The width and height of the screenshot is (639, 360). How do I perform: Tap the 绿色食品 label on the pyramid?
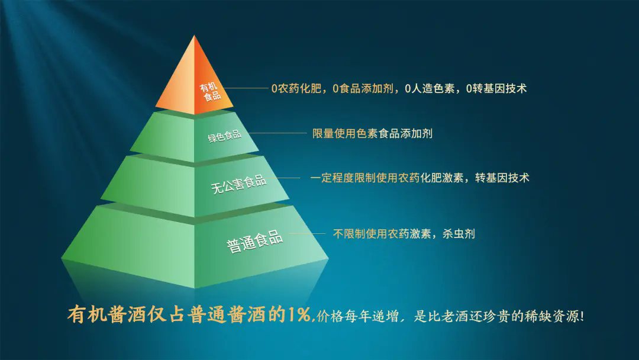[225, 136]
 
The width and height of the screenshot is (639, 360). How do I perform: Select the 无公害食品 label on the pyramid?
[239, 184]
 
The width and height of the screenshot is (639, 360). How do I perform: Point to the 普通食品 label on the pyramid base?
[254, 242]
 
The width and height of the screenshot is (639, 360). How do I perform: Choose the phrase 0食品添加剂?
[363, 88]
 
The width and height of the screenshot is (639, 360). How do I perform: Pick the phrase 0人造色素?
[430, 88]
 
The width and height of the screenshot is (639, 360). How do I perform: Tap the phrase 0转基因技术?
[496, 88]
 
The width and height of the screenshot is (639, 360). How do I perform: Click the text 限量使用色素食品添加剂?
[373, 133]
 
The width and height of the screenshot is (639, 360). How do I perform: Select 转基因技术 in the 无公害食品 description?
[502, 178]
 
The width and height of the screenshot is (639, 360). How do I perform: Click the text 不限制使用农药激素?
[382, 234]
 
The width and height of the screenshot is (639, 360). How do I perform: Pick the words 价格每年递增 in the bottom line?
[357, 316]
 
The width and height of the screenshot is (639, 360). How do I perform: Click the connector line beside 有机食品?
[246, 88]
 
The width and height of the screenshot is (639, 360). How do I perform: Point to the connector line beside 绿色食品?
[277, 133]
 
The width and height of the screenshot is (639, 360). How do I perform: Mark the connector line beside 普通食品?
[307, 234]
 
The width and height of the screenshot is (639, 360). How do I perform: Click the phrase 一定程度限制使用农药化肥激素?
[387, 178]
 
